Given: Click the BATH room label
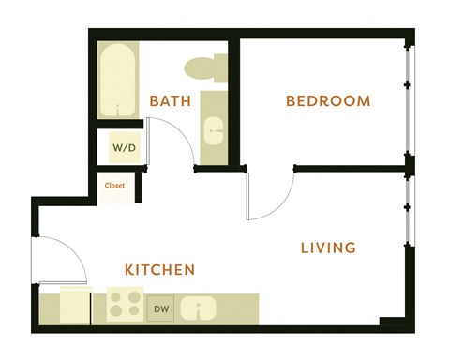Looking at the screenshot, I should tap(172, 101).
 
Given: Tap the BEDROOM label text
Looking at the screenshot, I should tap(328, 101).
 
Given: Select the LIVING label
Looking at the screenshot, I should tap(328, 248).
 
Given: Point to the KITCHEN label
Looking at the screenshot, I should tap(160, 270).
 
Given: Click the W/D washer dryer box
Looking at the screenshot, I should tap(123, 148).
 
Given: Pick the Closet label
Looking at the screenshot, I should tap(115, 186).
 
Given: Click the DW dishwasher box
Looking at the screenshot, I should tap(160, 307).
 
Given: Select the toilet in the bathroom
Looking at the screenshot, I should tap(204, 67).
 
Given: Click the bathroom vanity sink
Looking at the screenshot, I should tap(214, 131).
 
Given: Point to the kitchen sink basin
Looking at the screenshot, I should tap(199, 307).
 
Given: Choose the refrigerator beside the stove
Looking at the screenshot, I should tap(76, 306).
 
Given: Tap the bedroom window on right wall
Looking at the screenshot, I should tap(408, 103).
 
